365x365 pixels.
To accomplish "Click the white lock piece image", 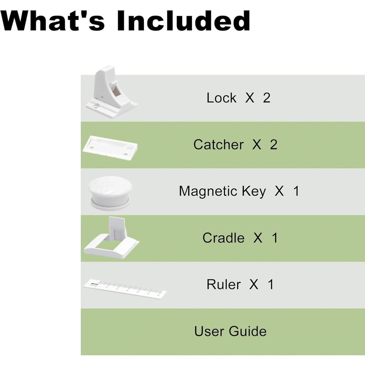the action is [x=111, y=92].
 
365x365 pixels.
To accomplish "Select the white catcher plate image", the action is [x=110, y=148].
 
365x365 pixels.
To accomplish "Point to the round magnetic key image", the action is [x=110, y=194].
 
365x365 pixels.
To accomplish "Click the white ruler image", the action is [x=125, y=289].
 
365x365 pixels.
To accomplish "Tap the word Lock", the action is [x=221, y=98].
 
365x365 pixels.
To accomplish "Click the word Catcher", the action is [x=219, y=145].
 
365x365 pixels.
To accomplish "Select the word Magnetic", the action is [x=208, y=192].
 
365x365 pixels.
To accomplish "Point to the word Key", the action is [x=254, y=192].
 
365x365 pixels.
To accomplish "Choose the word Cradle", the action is [x=223, y=238].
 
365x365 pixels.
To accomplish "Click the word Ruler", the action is [x=223, y=284].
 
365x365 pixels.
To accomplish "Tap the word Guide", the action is [x=248, y=331].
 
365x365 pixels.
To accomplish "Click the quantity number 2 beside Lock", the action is [x=267, y=98].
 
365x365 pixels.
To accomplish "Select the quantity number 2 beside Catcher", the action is [x=274, y=145].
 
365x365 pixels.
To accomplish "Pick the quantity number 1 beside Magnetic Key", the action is [x=296, y=191].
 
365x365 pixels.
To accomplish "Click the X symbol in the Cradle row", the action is [x=258, y=238].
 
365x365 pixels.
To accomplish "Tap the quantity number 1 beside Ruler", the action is [x=271, y=284].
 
